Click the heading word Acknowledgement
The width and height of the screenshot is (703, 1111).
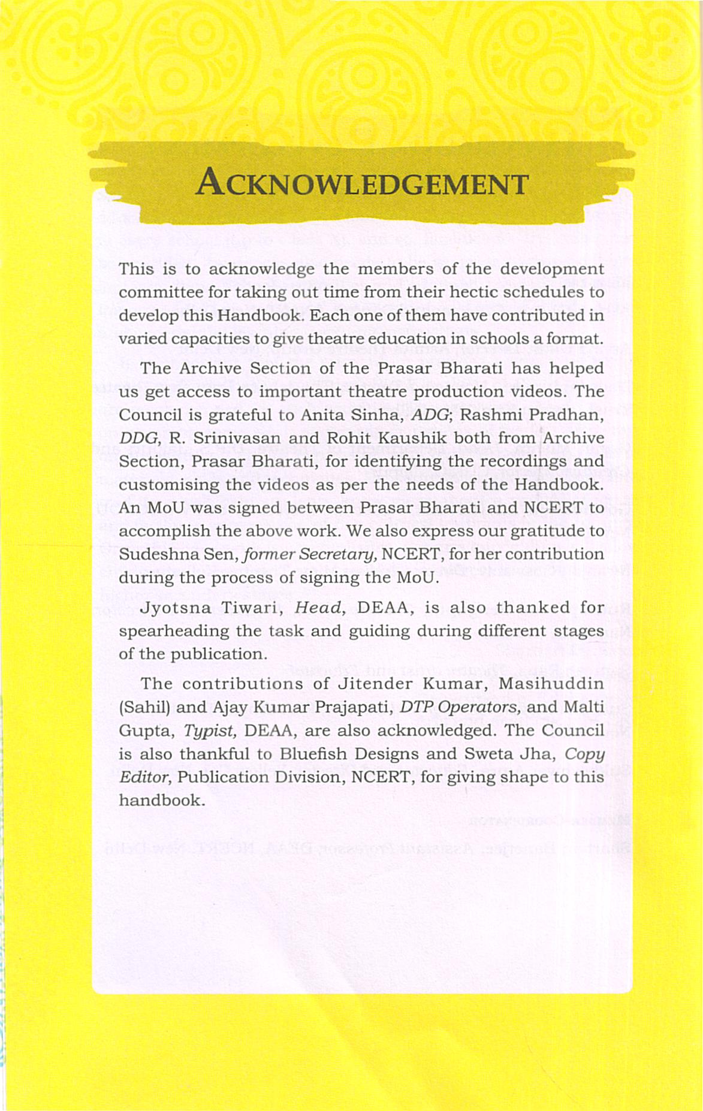tap(362, 183)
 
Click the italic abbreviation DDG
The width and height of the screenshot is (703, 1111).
tap(137, 438)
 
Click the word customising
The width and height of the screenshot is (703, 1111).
tap(168, 484)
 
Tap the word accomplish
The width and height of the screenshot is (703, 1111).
tap(156, 531)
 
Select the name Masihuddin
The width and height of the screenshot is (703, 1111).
tap(551, 684)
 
